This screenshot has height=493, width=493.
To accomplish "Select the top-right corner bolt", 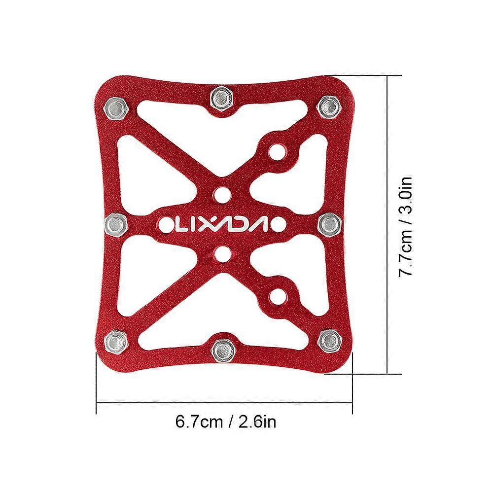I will click(327, 105).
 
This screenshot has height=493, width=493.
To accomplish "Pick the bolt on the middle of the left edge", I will click(115, 224).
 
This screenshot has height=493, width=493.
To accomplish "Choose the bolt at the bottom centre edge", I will click(221, 350).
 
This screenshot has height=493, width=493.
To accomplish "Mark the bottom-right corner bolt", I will click(327, 339).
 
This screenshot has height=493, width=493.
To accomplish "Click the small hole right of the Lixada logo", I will click(279, 224).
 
